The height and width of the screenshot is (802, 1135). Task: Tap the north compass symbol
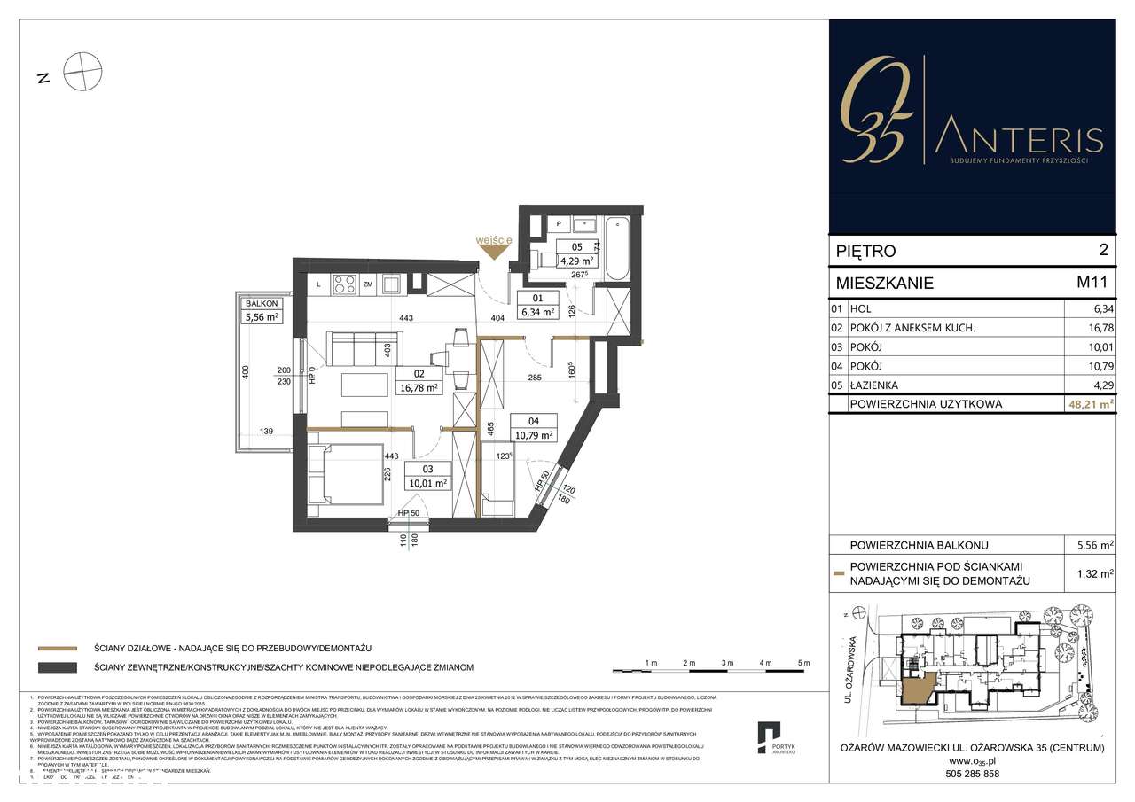[82, 72]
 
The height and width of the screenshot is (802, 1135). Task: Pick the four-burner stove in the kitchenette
[344, 284]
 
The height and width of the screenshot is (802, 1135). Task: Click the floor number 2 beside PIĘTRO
[1103, 250]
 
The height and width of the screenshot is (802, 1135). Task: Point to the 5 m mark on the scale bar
[803, 663]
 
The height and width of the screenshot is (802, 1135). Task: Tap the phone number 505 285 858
[974, 774]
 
